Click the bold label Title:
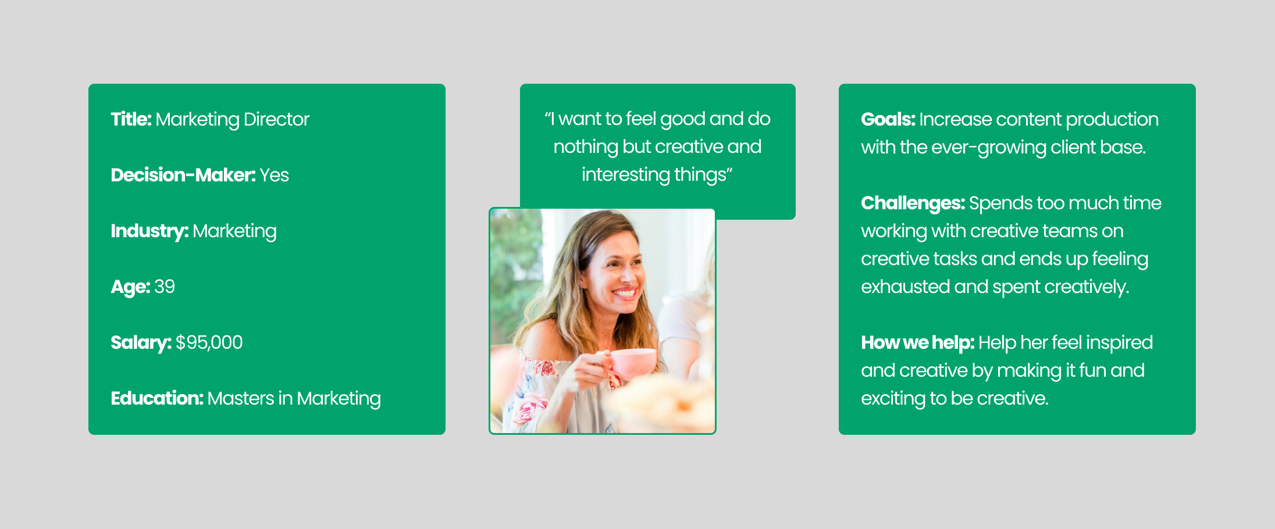tap(131, 119)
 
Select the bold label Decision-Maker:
tap(183, 175)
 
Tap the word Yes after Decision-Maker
tap(274, 175)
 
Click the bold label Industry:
tap(149, 231)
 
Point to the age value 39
tap(165, 287)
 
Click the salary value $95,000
tap(209, 342)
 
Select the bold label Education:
tap(157, 398)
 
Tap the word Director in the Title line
tap(276, 119)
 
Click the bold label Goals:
tap(888, 119)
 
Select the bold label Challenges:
tap(913, 203)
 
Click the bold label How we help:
tap(917, 342)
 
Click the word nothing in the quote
tap(585, 146)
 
